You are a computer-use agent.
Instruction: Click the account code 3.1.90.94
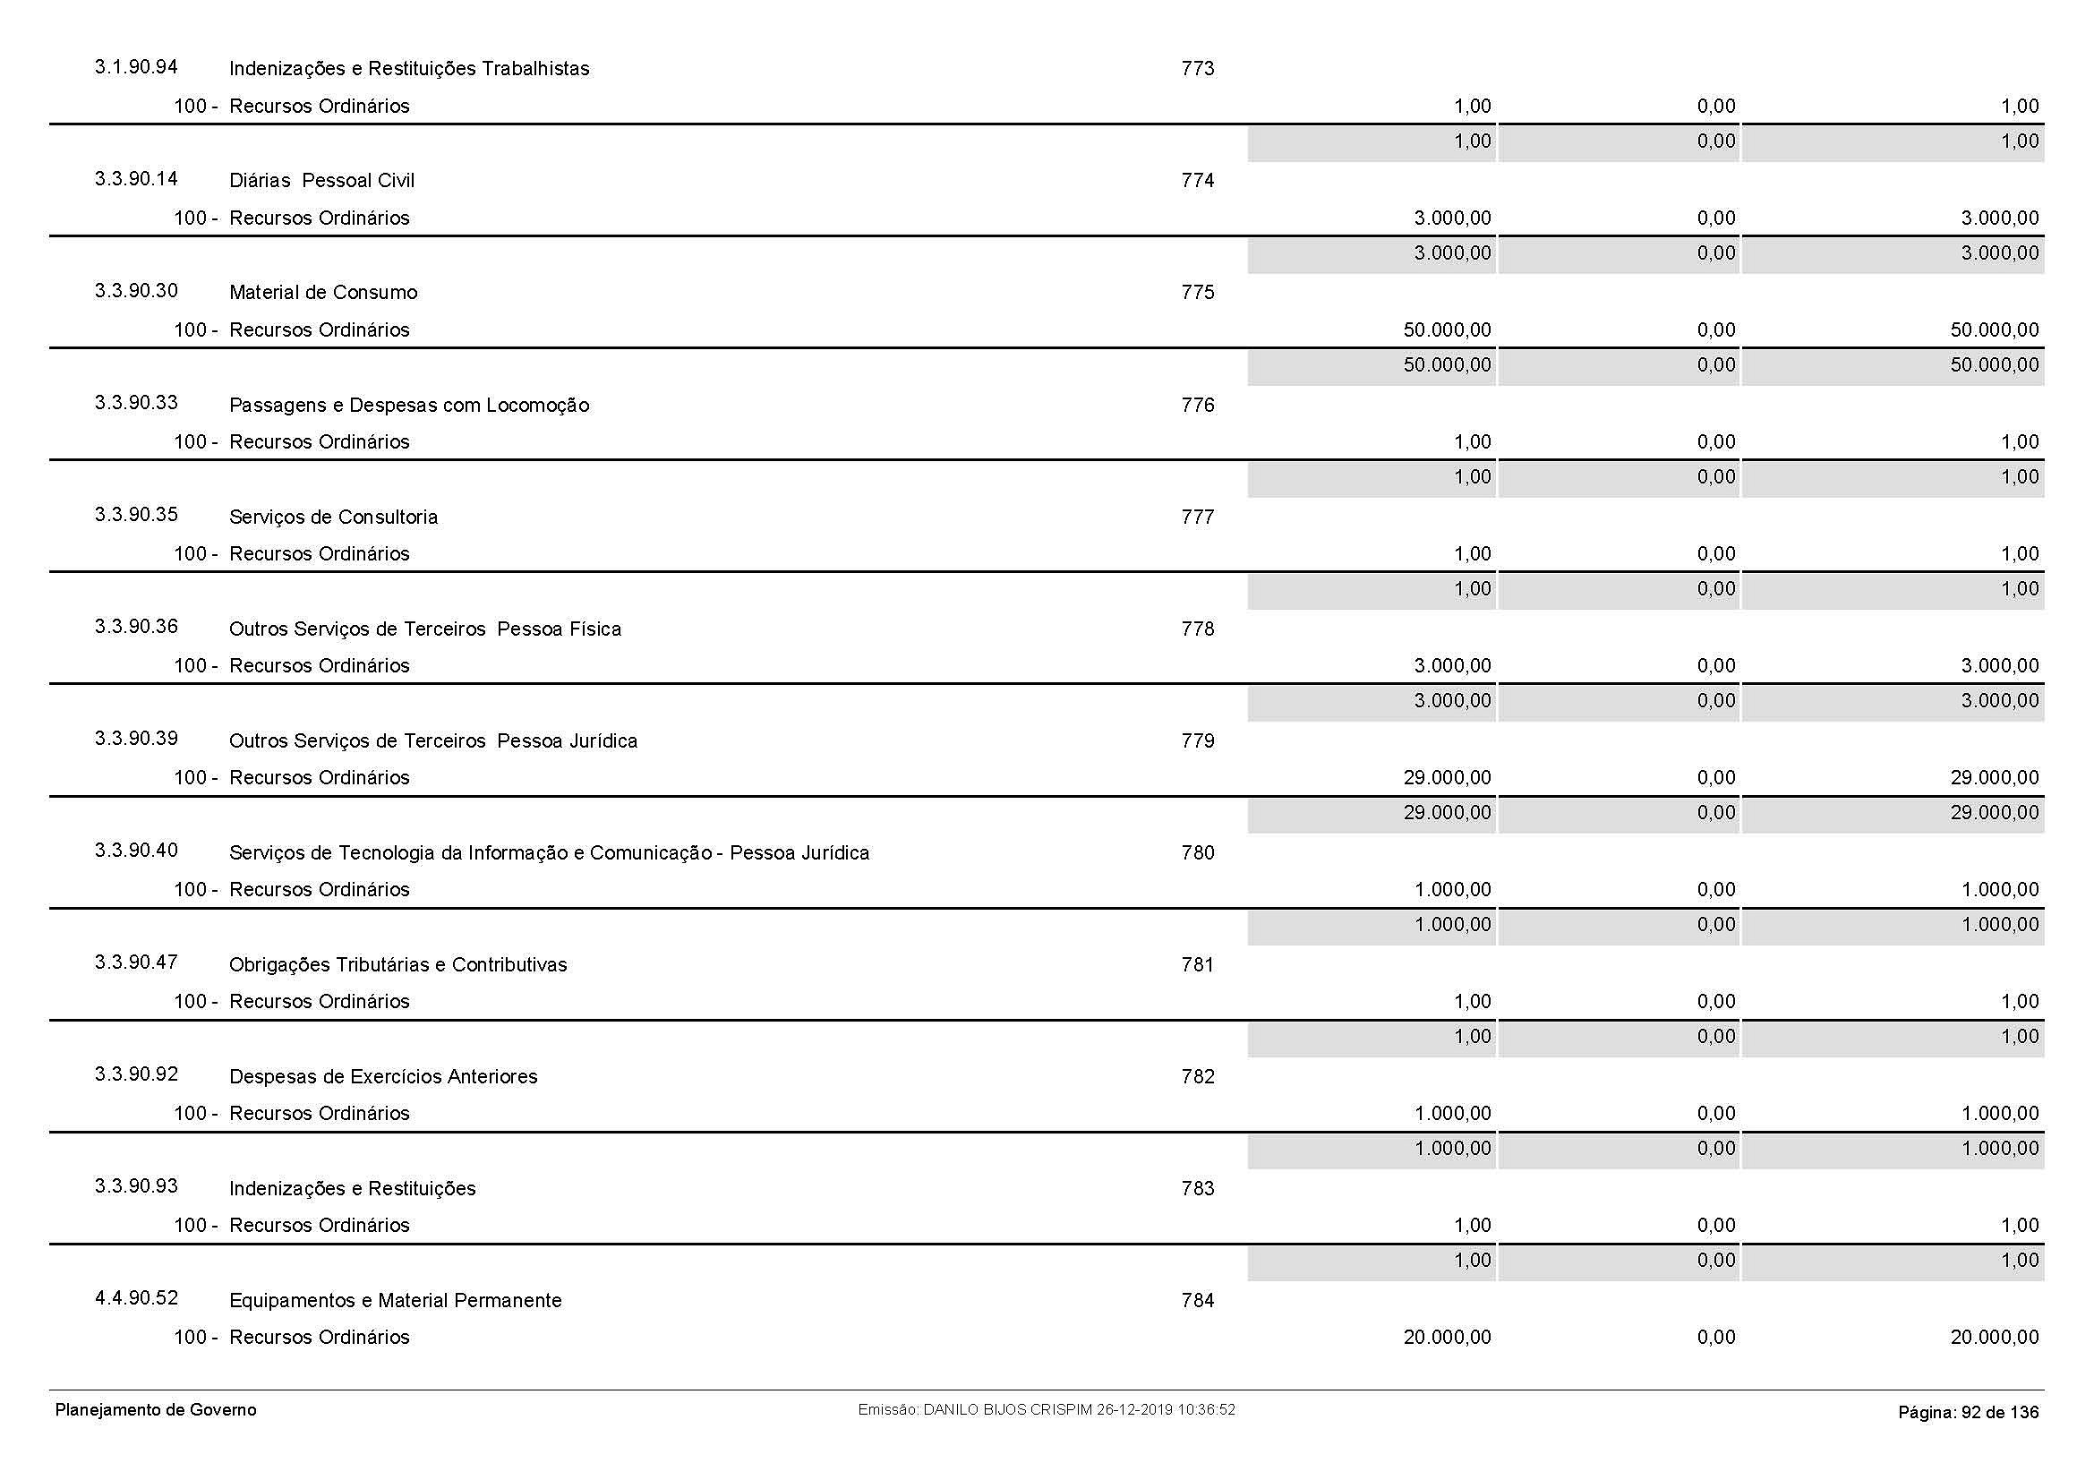pos(136,66)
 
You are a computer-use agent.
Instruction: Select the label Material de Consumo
pos(323,293)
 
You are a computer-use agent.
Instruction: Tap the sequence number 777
pos(1198,517)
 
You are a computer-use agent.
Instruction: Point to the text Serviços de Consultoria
pos(333,517)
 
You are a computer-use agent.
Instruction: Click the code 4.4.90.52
pos(136,1297)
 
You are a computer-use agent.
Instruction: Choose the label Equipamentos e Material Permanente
pos(395,1300)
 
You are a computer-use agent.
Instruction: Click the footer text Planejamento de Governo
pos(156,1410)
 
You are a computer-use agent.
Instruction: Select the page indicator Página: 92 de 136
pos(1968,1413)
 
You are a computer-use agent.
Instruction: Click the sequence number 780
pos(1198,852)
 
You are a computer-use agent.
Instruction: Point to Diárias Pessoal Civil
pos(321,181)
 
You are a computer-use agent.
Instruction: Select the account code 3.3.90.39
pos(136,738)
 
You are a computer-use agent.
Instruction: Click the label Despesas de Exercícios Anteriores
pos(383,1077)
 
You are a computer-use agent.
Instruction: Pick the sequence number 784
pos(1198,1300)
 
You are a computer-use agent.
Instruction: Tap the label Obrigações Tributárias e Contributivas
pos(397,965)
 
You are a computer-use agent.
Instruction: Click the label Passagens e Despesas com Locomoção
pos(408,405)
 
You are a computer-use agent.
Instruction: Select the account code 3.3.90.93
pos(136,1185)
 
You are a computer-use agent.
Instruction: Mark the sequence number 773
pos(1198,68)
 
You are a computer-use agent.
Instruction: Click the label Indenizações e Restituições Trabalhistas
pos(408,68)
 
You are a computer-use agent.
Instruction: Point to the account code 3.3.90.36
pos(136,626)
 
